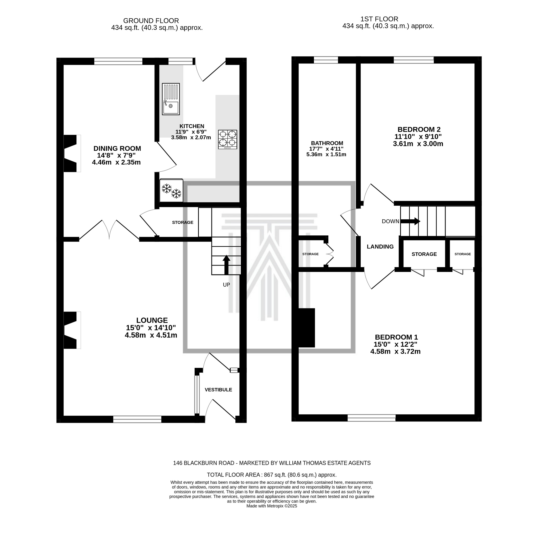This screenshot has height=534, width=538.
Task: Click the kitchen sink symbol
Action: pos(171,99)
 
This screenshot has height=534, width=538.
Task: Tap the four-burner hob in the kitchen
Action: pos(227,139)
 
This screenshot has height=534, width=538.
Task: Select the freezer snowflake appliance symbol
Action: pos(171,191)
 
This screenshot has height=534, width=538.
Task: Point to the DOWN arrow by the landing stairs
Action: pos(410,221)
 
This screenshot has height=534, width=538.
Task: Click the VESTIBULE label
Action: pos(218,390)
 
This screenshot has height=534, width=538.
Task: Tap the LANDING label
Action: pos(380,247)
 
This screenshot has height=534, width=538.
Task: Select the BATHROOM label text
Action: pos(327,143)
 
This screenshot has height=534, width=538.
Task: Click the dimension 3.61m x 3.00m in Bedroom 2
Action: pos(418,144)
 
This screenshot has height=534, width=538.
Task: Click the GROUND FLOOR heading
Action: pos(151,21)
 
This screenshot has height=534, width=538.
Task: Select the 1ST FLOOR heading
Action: pos(379,19)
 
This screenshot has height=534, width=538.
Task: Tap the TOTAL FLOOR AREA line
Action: pos(272,475)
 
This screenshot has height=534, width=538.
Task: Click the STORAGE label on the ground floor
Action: pos(182,223)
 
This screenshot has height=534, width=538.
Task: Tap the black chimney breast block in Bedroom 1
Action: pos(307,328)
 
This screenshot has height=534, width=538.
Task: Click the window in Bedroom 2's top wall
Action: pos(413,60)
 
